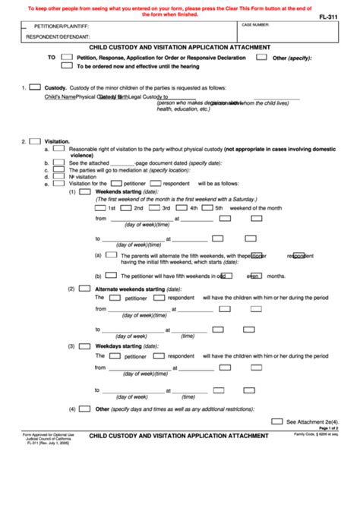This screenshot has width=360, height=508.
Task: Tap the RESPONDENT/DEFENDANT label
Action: pyautogui.click(x=53, y=36)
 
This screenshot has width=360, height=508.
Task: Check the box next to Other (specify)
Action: pyautogui.click(x=261, y=57)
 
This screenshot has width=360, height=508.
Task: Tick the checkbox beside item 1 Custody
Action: pyautogui.click(x=35, y=88)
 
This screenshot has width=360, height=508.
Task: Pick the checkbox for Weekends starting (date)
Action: pyautogui.click(x=87, y=192)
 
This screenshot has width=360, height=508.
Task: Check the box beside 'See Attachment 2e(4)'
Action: pyautogui.click(x=278, y=420)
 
